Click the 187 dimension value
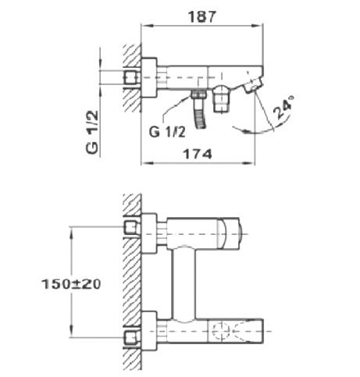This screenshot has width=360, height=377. click(x=202, y=16)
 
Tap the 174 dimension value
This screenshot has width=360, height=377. click(x=198, y=154)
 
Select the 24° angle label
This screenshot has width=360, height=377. click(x=283, y=107)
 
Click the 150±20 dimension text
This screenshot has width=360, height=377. click(x=71, y=284)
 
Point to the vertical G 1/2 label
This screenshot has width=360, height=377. click(x=92, y=132)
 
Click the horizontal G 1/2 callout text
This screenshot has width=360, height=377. click(x=167, y=132)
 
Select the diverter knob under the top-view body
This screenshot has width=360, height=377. click(x=222, y=99)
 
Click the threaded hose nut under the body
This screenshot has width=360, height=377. click(x=199, y=94)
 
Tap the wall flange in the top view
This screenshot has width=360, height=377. click(x=149, y=78)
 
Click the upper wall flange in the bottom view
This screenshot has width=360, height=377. click(x=149, y=233)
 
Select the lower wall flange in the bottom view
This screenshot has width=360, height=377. click(x=149, y=331)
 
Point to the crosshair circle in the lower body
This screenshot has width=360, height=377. click(x=220, y=331)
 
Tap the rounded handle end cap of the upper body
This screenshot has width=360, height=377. click(x=230, y=233)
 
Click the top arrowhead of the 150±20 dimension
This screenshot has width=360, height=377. click(x=71, y=231)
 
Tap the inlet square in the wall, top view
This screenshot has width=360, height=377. click(x=130, y=78)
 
